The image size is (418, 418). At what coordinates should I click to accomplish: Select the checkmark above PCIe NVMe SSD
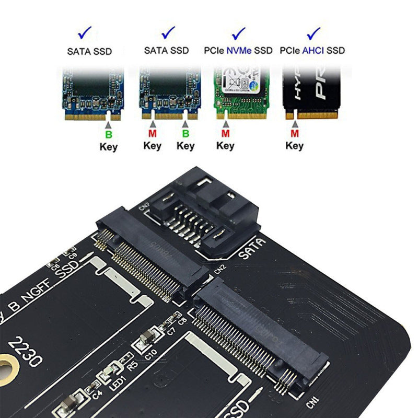point(239,34)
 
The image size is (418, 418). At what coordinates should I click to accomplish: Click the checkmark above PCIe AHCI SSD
point(313,34)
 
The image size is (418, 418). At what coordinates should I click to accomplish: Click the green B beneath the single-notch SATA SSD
point(109,135)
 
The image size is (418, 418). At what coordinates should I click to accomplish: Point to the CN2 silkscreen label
point(219,270)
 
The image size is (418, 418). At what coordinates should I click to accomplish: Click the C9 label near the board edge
point(72,256)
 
